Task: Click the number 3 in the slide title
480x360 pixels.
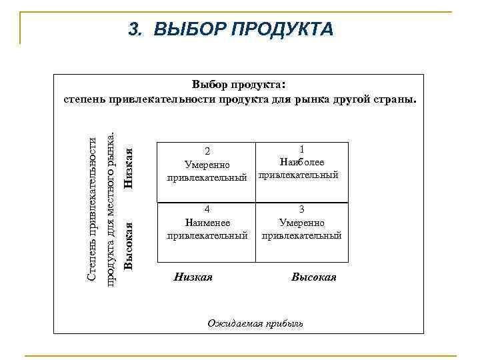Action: pos(133,29)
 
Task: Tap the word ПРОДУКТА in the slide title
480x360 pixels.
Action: pos(281,29)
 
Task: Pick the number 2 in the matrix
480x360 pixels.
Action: pos(207,151)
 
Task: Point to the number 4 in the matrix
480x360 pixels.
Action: pos(207,209)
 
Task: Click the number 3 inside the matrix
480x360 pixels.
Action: pos(301,209)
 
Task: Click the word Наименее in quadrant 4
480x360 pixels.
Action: pos(207,222)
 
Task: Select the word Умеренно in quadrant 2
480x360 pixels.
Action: pos(207,165)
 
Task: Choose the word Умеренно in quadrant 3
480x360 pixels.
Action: pos(302,222)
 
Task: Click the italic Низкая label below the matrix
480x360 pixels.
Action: pos(193,277)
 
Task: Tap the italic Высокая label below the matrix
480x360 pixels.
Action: pos(313,277)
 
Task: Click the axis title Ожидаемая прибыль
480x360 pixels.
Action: pos(255,323)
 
